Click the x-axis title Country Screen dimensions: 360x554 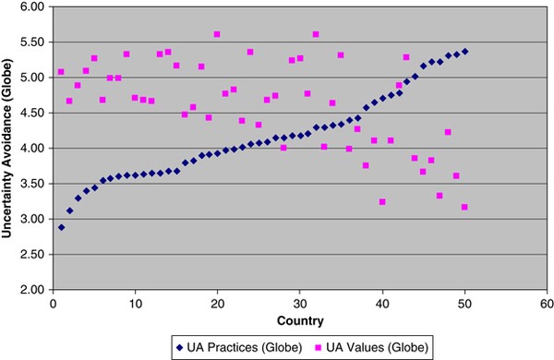pos(299,320)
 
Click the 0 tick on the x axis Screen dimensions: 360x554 pos(53,303)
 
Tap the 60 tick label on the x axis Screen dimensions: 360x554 pos(546,303)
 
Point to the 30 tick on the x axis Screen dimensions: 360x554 pos(299,303)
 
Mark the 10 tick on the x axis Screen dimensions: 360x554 pos(135,303)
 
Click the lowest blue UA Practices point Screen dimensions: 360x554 pos(61,227)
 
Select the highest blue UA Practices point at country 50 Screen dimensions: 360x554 pos(464,51)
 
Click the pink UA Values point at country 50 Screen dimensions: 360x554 pos(464,207)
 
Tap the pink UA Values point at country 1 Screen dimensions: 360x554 pos(61,71)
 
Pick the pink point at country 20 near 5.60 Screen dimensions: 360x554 pos(217,34)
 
